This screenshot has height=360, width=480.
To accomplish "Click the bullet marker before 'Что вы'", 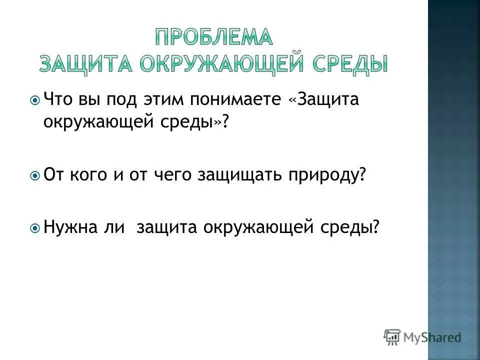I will click(x=35, y=100).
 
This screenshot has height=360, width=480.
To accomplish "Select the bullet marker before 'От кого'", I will click(x=35, y=176).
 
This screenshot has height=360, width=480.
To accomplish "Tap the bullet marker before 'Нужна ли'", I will click(x=35, y=228).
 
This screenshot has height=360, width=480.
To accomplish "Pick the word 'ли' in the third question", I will click(x=113, y=227).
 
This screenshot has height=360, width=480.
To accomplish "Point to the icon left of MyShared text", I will click(x=392, y=336).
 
